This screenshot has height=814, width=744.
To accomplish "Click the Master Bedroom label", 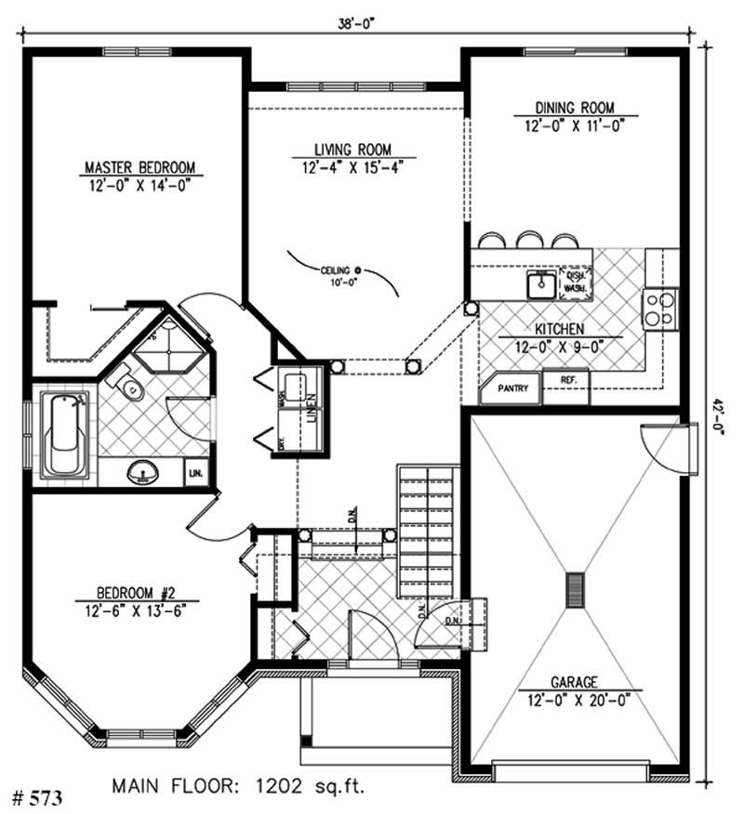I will [x=139, y=167].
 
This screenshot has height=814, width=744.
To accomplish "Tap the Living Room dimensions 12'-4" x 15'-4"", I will [x=352, y=168].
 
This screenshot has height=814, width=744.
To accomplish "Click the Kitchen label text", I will [x=559, y=329].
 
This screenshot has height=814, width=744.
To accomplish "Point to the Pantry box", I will [x=509, y=389].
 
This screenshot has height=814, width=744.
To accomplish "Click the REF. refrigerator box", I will [x=566, y=380].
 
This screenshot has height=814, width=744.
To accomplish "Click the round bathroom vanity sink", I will [x=141, y=473].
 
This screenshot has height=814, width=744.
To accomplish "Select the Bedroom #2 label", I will [x=139, y=592].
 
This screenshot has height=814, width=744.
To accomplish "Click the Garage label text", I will [x=573, y=680].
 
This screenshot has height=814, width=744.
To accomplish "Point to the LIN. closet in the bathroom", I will [x=196, y=473].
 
